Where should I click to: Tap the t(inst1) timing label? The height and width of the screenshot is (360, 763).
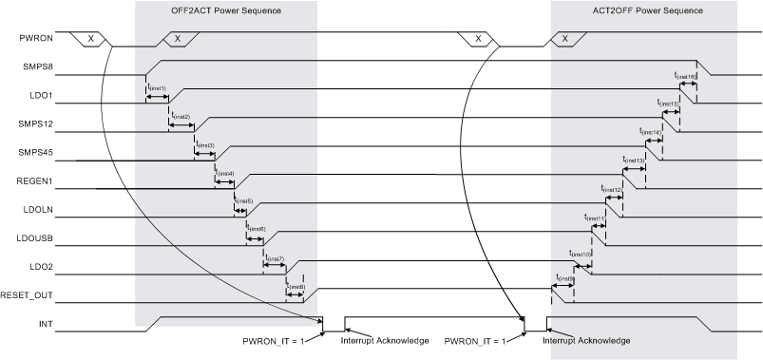click(158, 87)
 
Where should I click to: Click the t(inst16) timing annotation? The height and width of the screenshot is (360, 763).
click(684, 74)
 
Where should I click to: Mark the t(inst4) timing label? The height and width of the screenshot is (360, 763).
click(225, 173)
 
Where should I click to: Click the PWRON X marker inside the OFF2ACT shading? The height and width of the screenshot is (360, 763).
click(178, 39)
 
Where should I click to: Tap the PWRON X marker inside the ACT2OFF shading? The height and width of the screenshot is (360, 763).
click(565, 39)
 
